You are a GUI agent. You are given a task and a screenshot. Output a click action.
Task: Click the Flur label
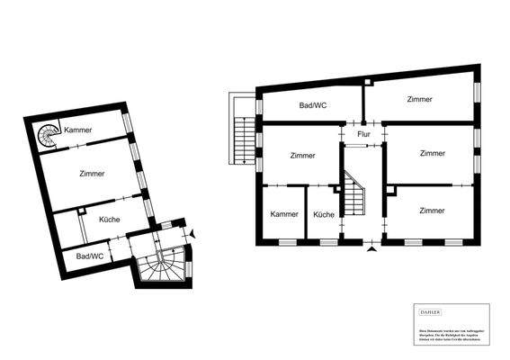tap(363, 134)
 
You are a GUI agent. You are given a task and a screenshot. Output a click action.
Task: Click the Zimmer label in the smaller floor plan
tap(92, 174)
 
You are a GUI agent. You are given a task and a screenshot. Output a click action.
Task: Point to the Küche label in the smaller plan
tap(110, 220)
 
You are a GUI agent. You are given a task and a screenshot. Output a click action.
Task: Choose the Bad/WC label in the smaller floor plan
tap(89, 256)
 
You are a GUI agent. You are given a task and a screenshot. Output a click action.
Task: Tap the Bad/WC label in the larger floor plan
tap(312, 105)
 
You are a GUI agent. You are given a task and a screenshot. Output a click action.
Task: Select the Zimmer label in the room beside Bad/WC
tap(418, 99)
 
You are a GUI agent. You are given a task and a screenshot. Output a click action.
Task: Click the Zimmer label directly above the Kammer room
tap(303, 156)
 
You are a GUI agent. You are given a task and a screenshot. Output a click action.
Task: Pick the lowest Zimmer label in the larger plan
tap(432, 211)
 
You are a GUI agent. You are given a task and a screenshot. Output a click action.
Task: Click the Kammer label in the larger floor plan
tap(284, 214)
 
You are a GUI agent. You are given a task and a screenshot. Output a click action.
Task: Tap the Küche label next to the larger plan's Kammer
tap(324, 214)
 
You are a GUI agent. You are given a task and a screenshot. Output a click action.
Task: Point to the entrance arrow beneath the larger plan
tap(371, 252)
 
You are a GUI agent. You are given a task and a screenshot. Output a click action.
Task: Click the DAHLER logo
tap(430, 312)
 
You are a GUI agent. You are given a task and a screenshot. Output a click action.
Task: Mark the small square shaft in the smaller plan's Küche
tap(81, 211)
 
